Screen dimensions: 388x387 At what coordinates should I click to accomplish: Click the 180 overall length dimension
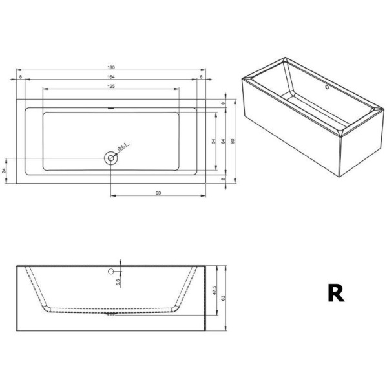111,67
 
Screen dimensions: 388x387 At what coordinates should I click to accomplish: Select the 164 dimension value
111,78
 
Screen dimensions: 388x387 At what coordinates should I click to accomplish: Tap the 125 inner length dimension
111,87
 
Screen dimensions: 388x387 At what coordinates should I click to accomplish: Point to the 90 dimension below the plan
158,191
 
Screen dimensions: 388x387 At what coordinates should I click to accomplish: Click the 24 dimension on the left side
5,171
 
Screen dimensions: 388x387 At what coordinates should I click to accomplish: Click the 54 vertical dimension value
213,140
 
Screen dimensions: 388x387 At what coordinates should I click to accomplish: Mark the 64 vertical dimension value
223,140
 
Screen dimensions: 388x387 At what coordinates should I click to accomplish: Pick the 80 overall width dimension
233,140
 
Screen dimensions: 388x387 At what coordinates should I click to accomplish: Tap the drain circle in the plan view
111,157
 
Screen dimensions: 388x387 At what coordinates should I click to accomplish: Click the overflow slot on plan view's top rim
111,107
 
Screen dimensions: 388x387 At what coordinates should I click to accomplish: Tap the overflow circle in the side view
111,271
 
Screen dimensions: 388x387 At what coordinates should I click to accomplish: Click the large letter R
335,293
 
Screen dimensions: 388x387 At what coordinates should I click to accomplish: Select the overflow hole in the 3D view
327,86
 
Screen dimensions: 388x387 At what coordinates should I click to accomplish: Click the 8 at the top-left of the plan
21,78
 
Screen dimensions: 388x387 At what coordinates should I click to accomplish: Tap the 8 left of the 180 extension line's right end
201,78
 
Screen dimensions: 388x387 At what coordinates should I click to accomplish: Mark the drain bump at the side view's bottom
111,316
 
